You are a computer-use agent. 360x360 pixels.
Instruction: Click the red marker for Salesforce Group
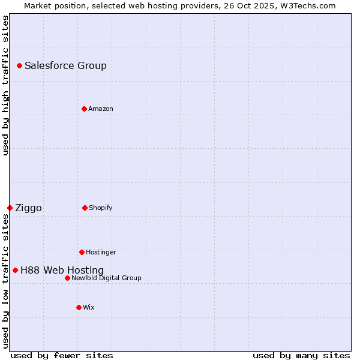19,65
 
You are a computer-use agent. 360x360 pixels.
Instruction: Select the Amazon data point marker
84,109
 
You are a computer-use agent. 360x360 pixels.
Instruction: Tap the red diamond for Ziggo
10,208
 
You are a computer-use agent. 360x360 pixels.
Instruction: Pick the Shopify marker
85,208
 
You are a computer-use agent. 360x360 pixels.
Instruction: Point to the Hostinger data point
82,252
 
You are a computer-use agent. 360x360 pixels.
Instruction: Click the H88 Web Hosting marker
15,270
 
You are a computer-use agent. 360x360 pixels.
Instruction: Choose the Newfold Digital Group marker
67,278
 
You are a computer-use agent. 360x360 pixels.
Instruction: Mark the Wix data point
79,307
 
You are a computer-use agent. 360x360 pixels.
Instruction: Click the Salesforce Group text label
65,65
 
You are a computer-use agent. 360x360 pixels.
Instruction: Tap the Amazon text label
101,109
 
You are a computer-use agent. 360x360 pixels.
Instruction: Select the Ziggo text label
28,208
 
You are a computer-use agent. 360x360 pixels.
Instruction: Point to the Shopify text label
101,208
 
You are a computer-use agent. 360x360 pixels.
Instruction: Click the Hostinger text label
101,252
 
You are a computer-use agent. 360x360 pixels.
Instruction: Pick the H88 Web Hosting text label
62,270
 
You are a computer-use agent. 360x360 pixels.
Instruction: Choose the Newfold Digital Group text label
106,278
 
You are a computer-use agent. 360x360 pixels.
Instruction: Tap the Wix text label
89,307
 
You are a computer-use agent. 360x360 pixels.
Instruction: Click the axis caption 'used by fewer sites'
62,355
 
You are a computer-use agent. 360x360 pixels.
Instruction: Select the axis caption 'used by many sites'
301,355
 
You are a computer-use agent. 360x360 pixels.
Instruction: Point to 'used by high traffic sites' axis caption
5,85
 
